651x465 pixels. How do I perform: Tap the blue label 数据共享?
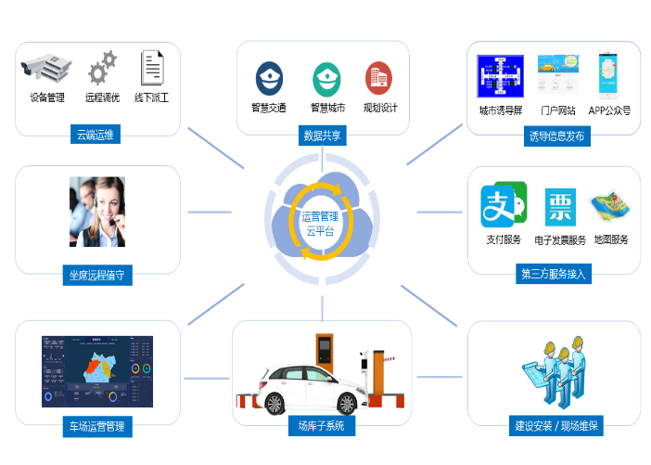coord(322,136)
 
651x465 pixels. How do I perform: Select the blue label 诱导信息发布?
coord(556,136)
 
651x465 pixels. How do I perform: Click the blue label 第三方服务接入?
coord(554,274)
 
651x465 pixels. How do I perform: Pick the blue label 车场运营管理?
coord(96,426)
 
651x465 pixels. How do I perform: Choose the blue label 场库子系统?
coord(321,426)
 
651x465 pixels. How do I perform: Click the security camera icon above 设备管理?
coord(45,68)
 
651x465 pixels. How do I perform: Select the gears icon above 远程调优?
coord(102,68)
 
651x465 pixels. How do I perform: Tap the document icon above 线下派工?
coord(151,68)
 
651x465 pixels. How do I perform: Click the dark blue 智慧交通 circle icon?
coord(269,78)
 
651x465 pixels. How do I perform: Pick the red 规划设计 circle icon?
coord(378,78)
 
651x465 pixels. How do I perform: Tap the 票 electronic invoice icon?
coord(559,207)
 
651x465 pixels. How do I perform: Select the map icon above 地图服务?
coord(609,207)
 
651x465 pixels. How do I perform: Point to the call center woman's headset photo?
coord(96,212)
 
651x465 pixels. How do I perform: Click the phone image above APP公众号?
coord(608,76)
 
